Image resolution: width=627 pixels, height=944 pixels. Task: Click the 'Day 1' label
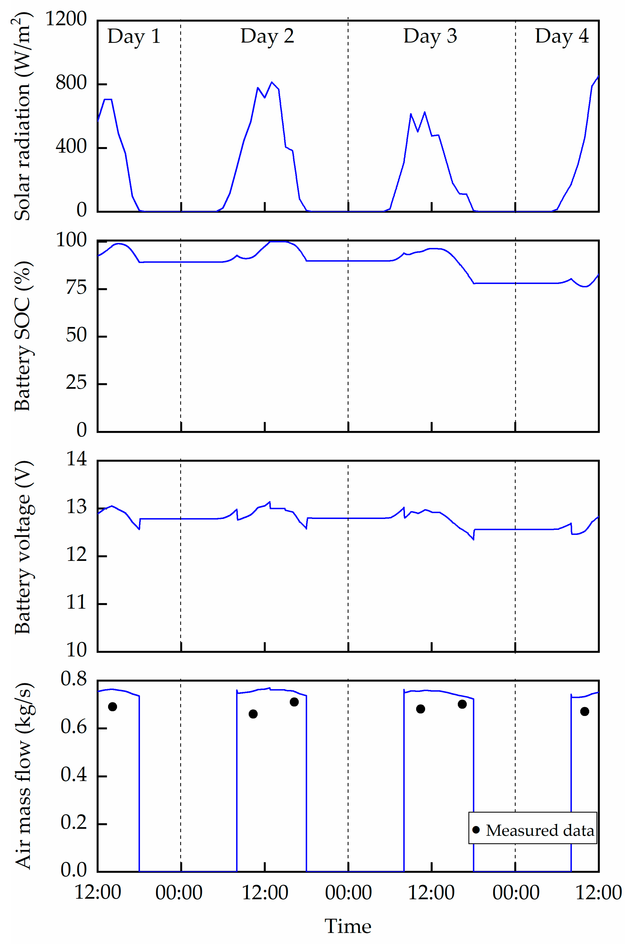[x=134, y=37]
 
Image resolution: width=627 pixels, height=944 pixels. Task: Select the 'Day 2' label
[x=267, y=37]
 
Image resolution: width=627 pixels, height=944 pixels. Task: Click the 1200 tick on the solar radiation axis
[x=66, y=19]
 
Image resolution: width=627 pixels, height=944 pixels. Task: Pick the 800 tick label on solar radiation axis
[x=71, y=84]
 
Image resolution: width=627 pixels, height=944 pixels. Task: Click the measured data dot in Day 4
[x=585, y=711]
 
